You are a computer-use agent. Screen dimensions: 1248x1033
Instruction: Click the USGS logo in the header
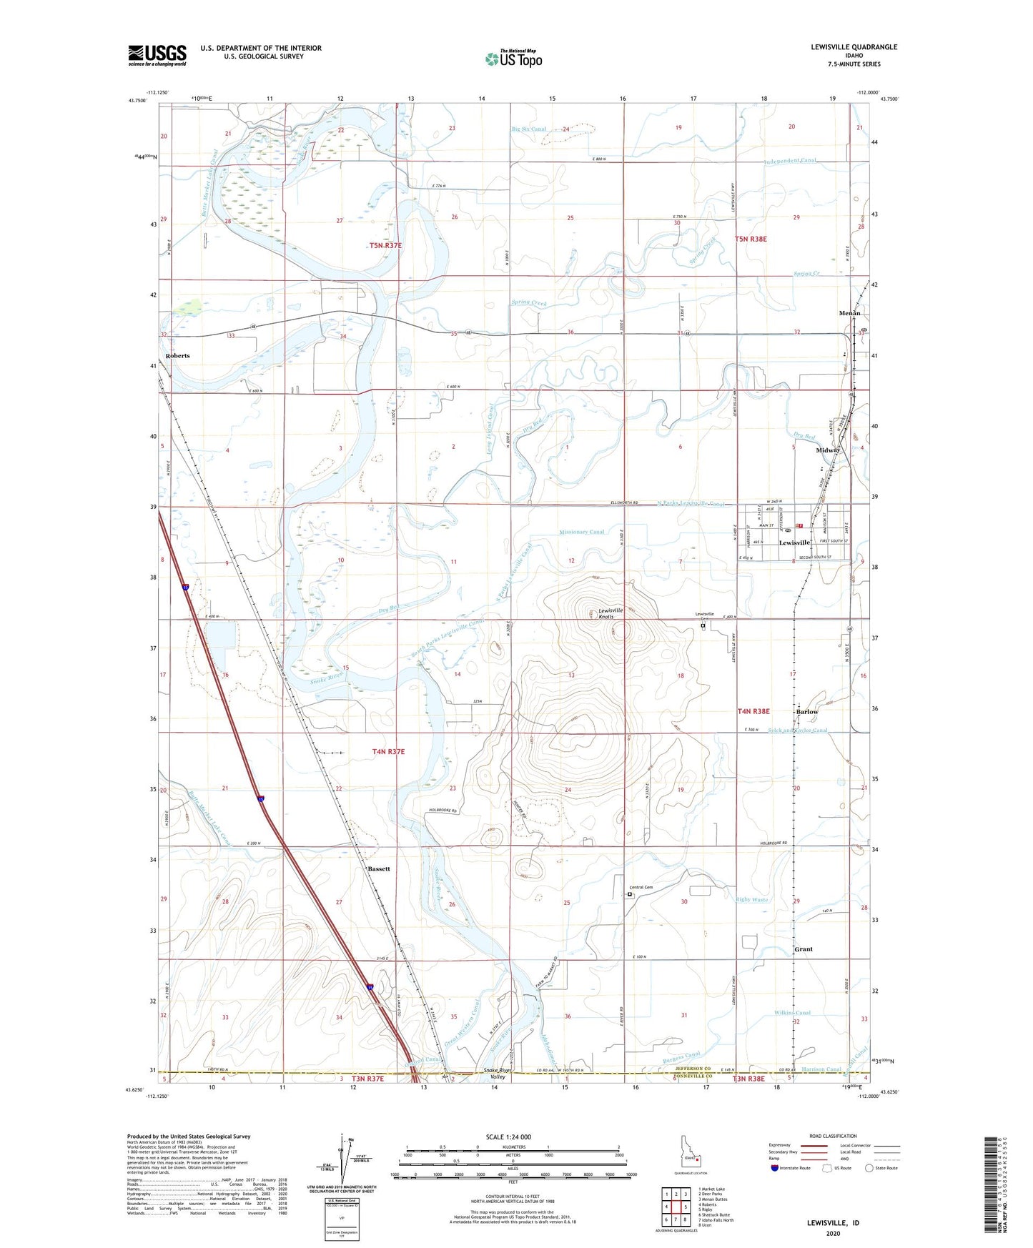[157, 55]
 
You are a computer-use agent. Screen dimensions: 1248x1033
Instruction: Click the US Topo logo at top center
[513, 59]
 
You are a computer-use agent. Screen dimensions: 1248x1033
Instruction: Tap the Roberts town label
[178, 355]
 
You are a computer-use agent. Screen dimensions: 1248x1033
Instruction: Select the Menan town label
[849, 313]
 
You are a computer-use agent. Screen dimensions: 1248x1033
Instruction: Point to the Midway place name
[828, 450]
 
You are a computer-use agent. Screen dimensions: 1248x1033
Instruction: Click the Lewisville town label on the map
[794, 543]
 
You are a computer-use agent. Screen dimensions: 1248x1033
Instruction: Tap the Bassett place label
[379, 868]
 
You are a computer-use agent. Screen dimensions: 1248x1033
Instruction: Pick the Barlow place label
[807, 712]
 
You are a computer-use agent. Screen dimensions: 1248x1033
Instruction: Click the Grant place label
[804, 949]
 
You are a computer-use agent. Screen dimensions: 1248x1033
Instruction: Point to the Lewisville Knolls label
[611, 613]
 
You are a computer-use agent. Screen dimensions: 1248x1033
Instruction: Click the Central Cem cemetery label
[643, 887]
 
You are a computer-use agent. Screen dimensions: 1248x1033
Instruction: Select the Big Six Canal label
[529, 129]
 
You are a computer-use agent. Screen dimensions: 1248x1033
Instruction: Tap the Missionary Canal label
[582, 532]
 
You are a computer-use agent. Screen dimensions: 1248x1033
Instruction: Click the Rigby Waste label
[752, 900]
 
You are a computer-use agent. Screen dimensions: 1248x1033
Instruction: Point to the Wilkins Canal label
[792, 1013]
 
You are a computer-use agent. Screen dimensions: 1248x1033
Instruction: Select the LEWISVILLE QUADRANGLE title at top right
[854, 47]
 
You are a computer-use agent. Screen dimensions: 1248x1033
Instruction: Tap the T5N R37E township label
[385, 245]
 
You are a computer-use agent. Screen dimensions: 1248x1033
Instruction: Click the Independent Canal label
[790, 161]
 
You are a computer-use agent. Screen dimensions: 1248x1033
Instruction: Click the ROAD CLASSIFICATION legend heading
[833, 1136]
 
